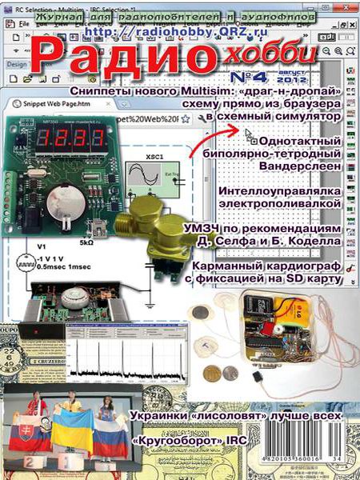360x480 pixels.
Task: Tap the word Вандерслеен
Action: (x=296, y=166)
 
